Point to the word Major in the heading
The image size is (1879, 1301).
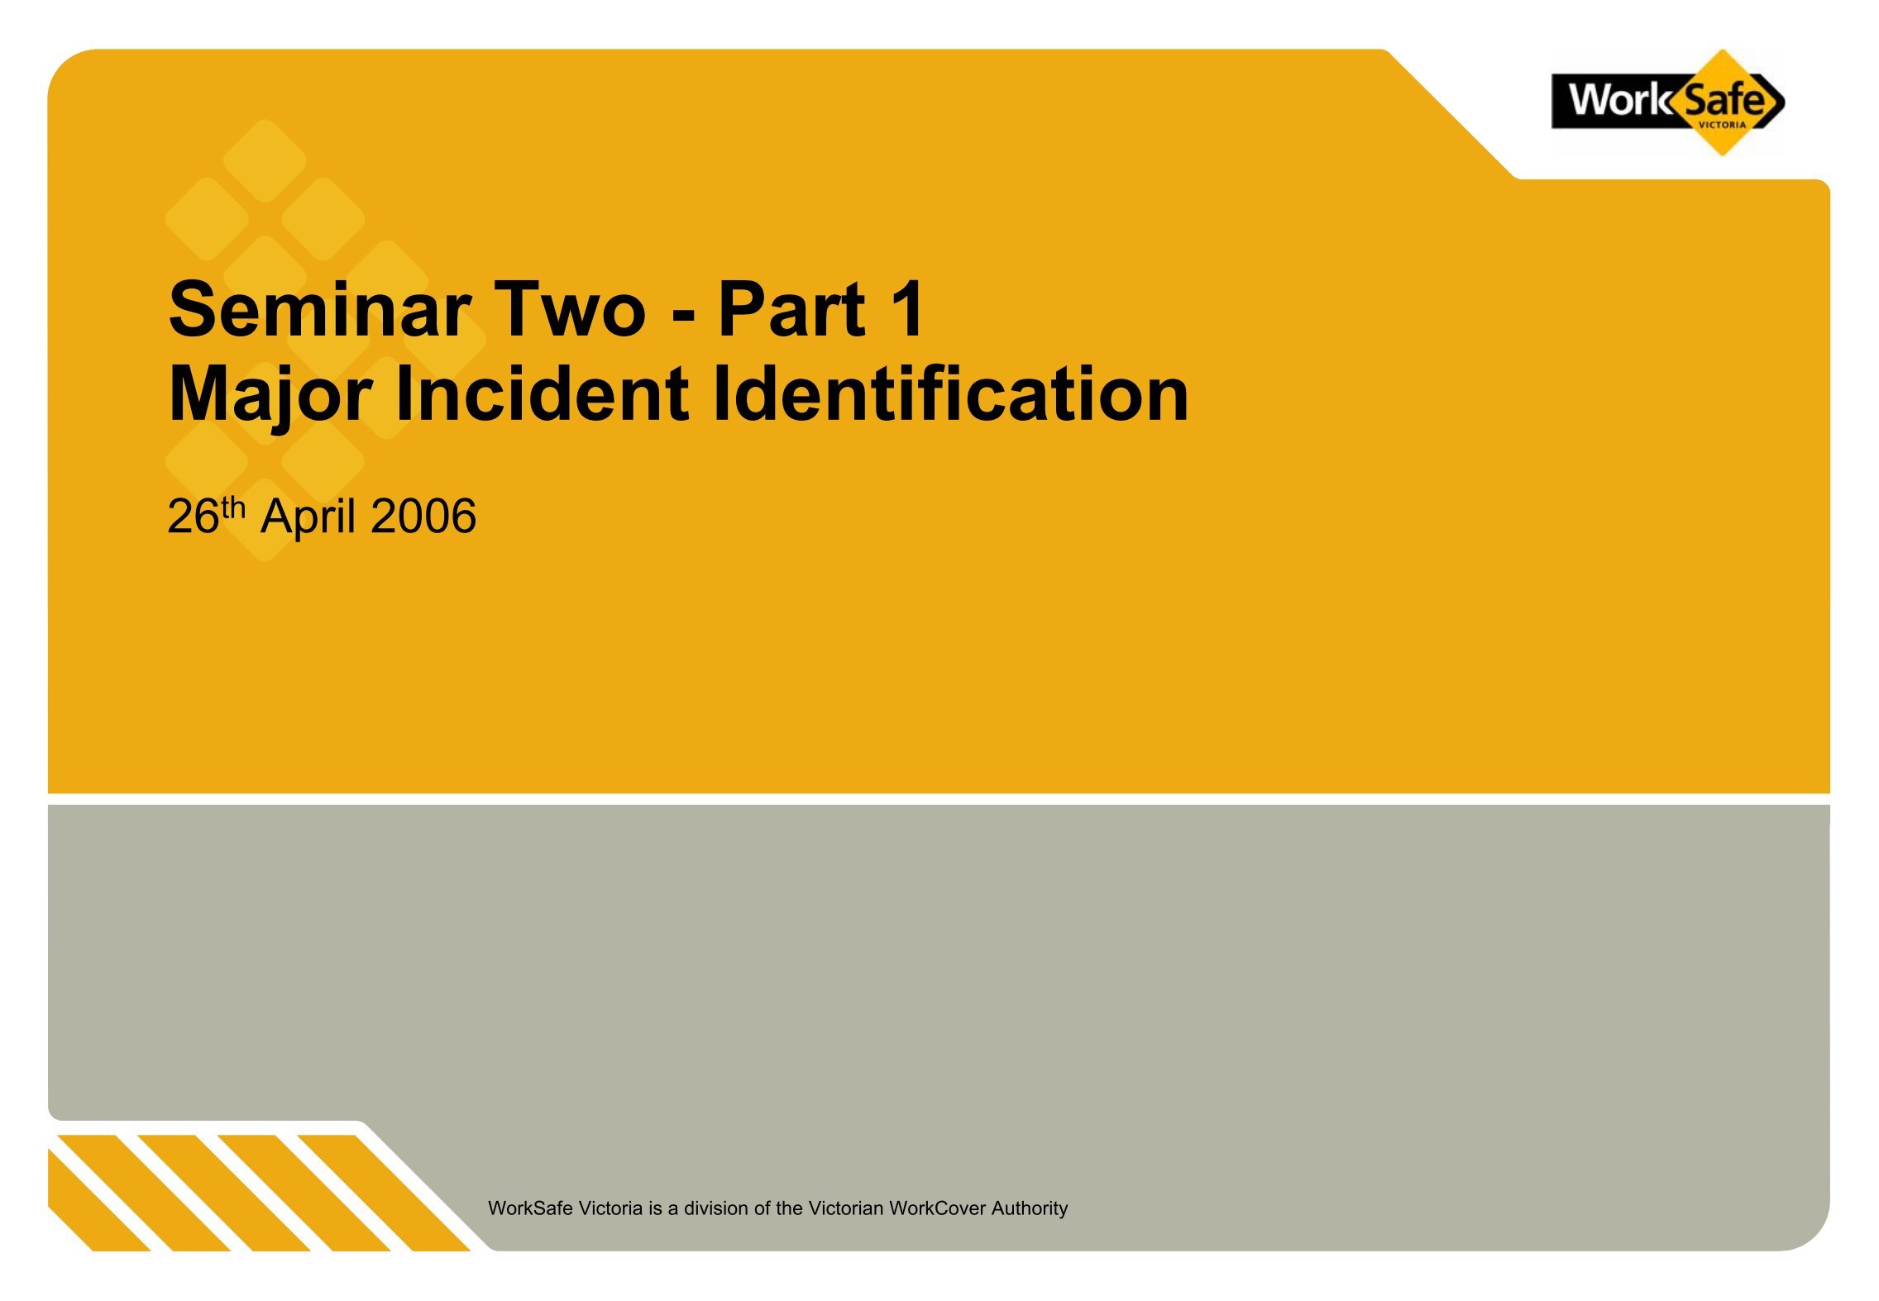(270, 395)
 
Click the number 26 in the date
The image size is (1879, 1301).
(194, 517)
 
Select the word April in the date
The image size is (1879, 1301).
(309, 518)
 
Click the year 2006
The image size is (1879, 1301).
(423, 517)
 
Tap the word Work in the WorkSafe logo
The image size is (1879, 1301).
(1619, 100)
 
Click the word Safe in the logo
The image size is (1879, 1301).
(1724, 100)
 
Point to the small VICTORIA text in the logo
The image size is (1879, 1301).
(1722, 126)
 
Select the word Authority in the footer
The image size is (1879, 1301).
(1030, 1208)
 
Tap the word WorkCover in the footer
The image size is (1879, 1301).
(938, 1208)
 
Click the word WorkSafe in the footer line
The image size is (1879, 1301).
(530, 1208)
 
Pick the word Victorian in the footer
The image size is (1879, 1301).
(845, 1208)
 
